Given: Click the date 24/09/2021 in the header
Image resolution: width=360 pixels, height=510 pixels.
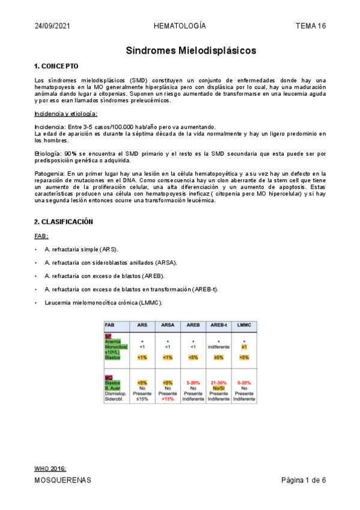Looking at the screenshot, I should (52, 26).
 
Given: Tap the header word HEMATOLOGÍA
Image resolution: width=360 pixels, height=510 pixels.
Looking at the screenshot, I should (180, 26).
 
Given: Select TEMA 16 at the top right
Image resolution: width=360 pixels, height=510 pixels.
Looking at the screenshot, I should (311, 26).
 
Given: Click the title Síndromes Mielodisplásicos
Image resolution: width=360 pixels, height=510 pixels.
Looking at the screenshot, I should (191, 51).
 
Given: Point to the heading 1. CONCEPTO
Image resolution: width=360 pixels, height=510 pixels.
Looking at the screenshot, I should (56, 66).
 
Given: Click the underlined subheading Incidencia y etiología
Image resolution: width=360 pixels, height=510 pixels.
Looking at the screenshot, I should (66, 114).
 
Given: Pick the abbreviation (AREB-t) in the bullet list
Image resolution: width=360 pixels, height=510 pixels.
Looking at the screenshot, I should (206, 289).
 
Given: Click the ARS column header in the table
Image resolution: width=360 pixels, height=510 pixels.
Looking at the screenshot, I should (142, 325).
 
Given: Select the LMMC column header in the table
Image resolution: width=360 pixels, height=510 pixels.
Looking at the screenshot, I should (243, 325).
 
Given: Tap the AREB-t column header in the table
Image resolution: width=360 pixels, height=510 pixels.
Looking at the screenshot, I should (218, 325).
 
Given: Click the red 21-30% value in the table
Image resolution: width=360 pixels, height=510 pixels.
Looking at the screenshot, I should (218, 382).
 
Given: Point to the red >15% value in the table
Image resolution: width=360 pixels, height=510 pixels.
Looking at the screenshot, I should (168, 399).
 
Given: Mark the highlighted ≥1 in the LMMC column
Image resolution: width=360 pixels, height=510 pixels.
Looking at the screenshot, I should (243, 346).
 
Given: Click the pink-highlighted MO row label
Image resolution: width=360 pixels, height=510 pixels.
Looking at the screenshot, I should (108, 377).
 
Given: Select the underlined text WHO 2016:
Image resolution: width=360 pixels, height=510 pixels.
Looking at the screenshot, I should (50, 469).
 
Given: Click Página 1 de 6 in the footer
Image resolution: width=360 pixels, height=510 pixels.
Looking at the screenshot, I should (304, 481).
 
